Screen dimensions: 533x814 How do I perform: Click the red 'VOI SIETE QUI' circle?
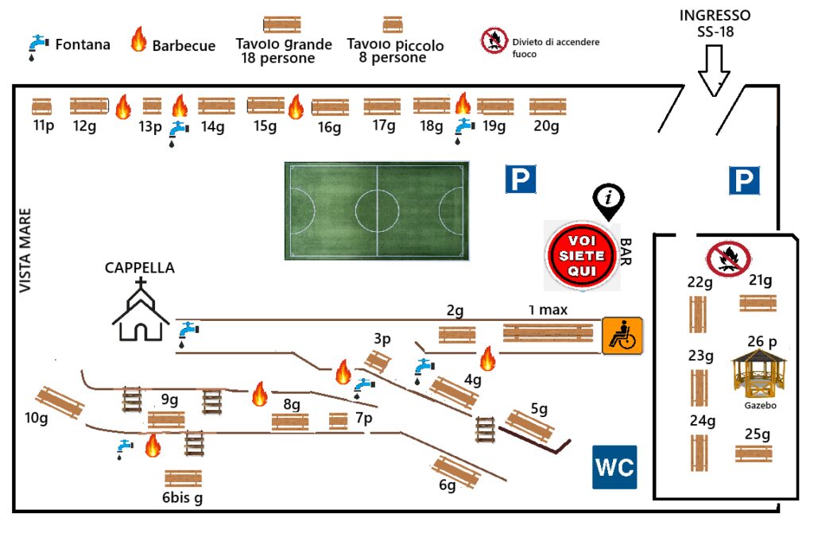581,256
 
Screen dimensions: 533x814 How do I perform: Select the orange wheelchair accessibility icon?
622,334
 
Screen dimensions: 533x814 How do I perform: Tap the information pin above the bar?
609,201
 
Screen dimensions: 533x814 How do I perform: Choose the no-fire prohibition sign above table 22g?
727,259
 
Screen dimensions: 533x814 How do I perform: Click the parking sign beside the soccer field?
521,180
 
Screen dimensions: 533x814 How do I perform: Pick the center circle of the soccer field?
376,210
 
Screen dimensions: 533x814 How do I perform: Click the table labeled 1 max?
548,333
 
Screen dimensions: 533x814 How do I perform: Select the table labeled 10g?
60,403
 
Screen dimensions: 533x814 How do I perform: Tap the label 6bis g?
182,498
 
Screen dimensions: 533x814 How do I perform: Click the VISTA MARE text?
25,250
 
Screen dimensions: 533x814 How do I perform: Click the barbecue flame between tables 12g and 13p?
122,106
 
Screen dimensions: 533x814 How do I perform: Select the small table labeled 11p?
41,106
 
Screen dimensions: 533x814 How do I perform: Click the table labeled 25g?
754,454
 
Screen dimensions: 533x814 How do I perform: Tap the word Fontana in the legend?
82,44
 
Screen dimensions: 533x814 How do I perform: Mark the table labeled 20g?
547,106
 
